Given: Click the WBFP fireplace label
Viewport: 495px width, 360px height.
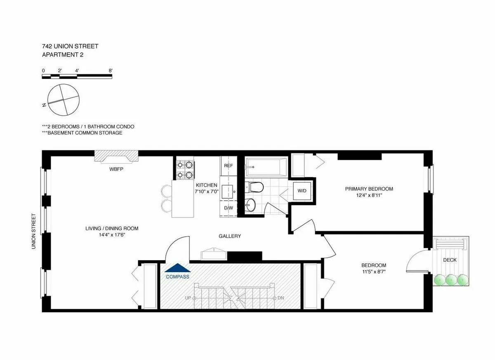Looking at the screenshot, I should (x=116, y=169).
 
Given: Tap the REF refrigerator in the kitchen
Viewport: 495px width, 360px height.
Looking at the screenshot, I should (x=229, y=166).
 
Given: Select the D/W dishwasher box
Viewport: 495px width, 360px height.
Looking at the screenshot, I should (x=229, y=208).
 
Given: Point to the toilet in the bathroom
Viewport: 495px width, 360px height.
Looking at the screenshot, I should (x=255, y=188).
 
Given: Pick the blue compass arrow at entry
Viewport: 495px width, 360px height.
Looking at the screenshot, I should (x=177, y=268).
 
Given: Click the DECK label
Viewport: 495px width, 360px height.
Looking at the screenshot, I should (x=450, y=260).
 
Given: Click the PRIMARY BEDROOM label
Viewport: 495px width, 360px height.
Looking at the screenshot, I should (x=369, y=189).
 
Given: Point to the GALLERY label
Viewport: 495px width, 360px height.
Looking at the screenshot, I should (x=230, y=236).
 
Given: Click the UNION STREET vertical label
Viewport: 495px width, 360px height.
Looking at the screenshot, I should (x=34, y=231).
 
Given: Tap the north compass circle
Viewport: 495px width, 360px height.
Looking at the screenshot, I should (x=63, y=99).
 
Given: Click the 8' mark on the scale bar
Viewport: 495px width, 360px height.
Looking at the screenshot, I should (x=111, y=71).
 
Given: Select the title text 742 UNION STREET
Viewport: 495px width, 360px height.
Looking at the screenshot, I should (x=70, y=46).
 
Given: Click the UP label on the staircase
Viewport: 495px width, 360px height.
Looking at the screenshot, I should (x=188, y=298).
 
